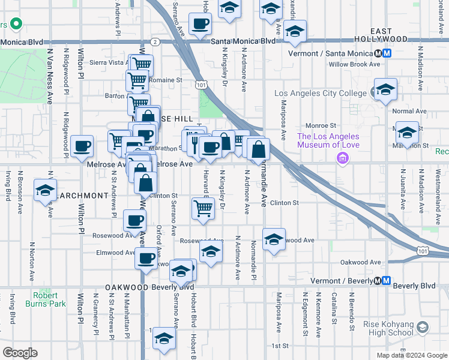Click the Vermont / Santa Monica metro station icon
[x=387, y=53]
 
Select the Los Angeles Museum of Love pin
[x=343, y=158]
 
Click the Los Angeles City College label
[x=320, y=94]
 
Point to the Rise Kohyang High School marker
[x=423, y=327]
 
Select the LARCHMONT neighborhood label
[x=82, y=196]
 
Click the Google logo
[x=20, y=353]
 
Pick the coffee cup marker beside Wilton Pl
[x=82, y=146]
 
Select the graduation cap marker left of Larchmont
[x=45, y=189]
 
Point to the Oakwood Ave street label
[x=361, y=262]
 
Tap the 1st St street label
[x=280, y=346]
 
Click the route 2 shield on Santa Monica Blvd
[x=155, y=41]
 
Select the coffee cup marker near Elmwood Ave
[x=145, y=259]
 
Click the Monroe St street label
[x=320, y=125]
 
